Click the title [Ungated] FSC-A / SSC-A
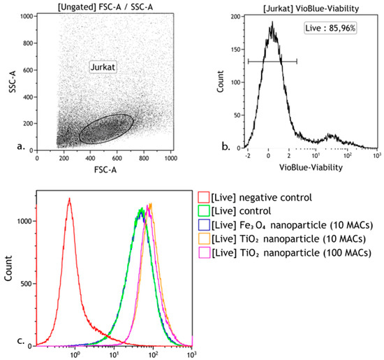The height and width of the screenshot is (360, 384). click(105, 6)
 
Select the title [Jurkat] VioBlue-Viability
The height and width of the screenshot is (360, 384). click(307, 6)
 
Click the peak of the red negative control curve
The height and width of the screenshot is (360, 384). click(70, 199)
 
